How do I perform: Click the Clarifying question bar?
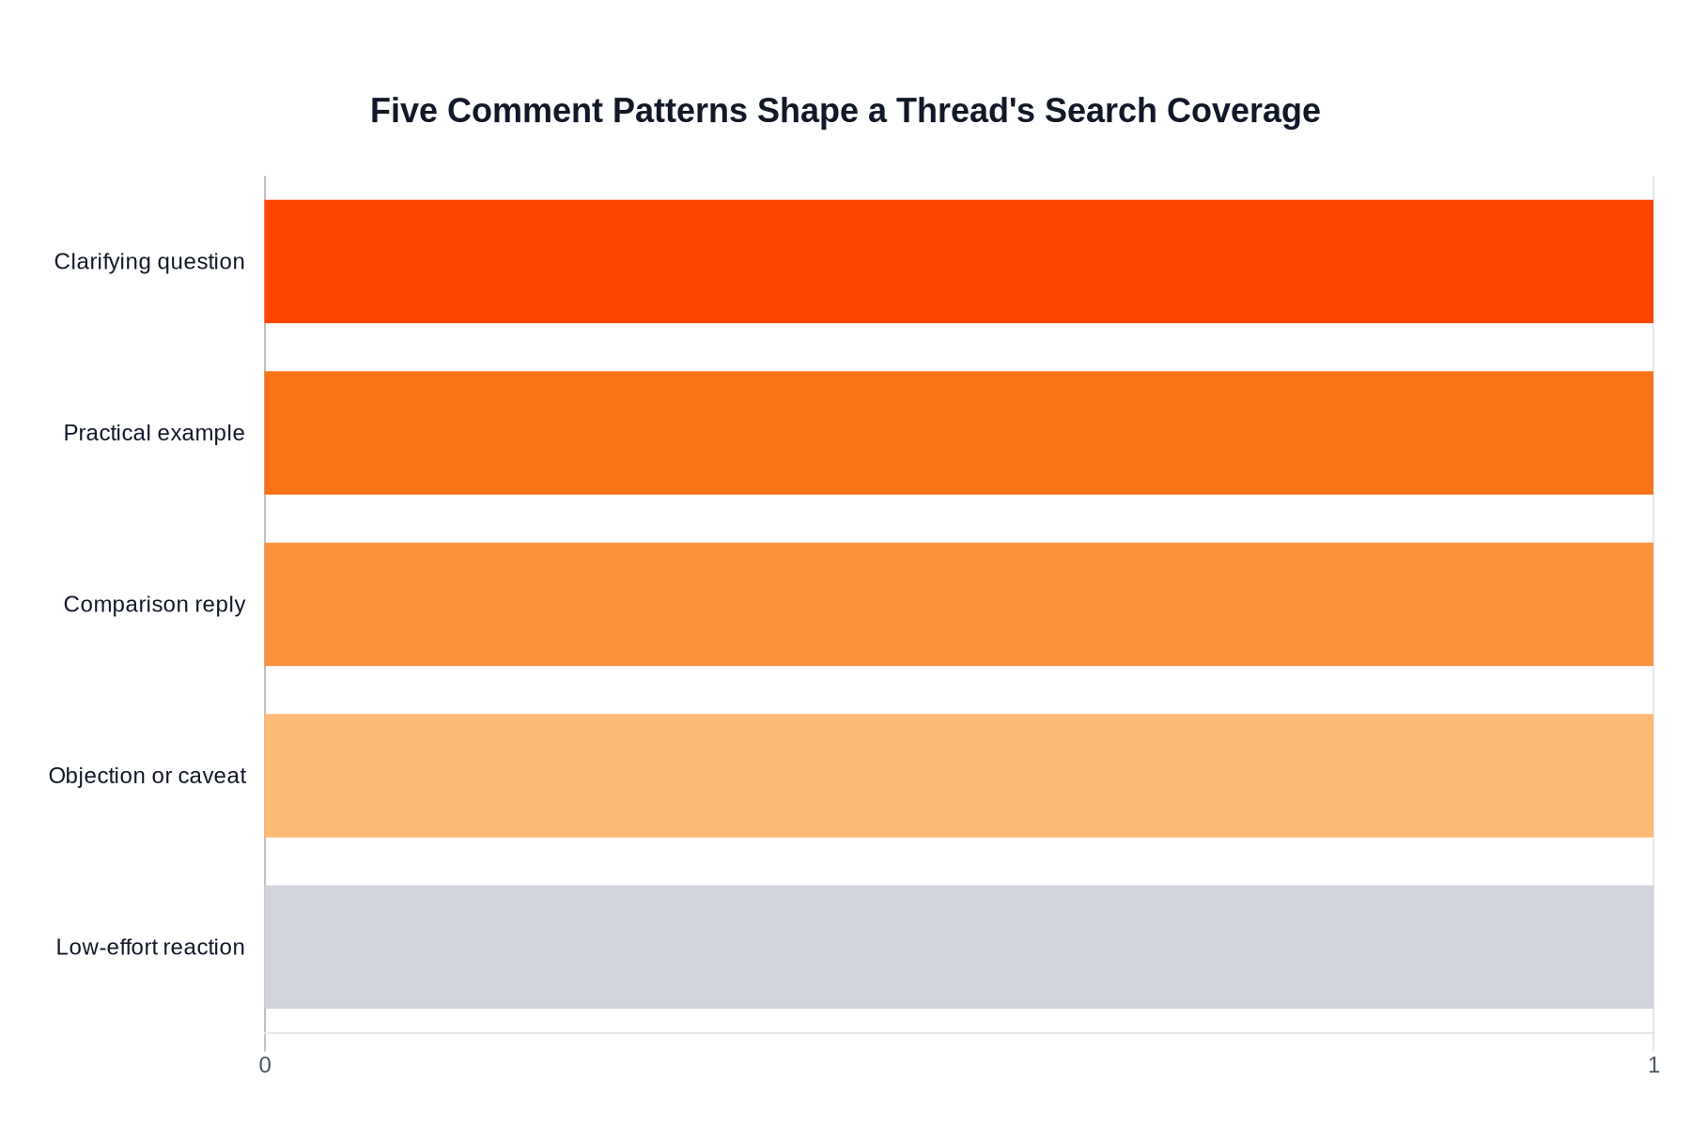point(958,261)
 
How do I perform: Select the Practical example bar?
point(958,433)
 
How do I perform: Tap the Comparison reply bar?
point(958,604)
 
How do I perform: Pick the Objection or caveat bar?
point(958,776)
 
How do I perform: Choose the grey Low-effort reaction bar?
point(958,947)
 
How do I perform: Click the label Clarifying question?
point(149,261)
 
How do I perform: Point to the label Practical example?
point(154,433)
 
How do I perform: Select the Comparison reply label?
point(154,604)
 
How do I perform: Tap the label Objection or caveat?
point(147,776)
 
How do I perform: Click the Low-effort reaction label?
point(150,947)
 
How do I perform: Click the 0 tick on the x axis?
point(265,1065)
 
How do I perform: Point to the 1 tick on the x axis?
point(1653,1065)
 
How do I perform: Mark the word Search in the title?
point(1100,111)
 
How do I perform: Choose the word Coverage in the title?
point(1243,111)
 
